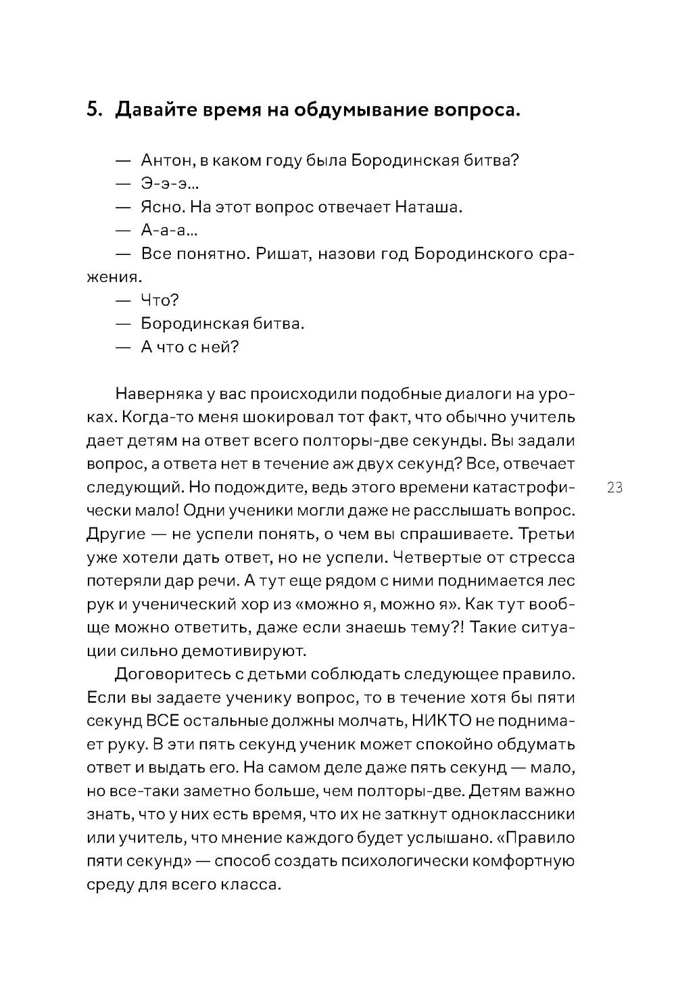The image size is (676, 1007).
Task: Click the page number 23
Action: [614, 488]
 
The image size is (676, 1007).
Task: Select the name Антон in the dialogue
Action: [164, 161]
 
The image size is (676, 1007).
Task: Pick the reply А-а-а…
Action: [169, 231]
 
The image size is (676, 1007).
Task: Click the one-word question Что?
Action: [160, 300]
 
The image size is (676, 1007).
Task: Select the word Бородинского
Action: [470, 254]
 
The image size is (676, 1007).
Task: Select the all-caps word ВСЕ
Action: [162, 720]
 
